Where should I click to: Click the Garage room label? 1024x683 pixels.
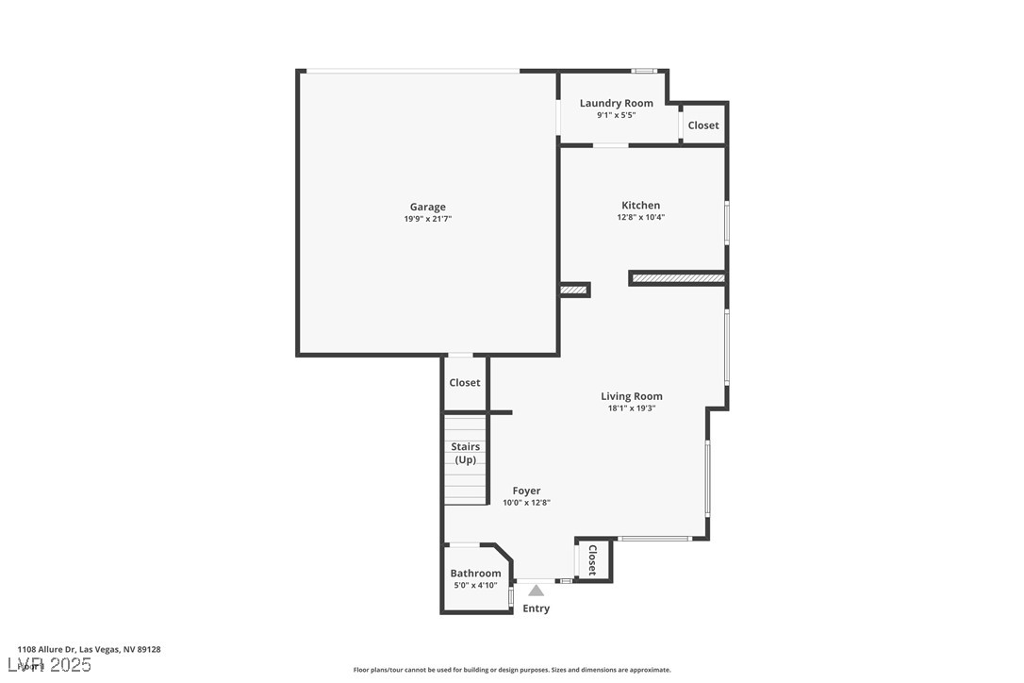(x=427, y=208)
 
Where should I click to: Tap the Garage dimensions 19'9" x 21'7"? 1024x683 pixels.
(x=427, y=219)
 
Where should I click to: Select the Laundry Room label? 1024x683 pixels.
(x=616, y=104)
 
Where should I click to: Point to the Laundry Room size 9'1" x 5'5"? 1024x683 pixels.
(x=616, y=115)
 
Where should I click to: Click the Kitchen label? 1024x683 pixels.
(x=640, y=206)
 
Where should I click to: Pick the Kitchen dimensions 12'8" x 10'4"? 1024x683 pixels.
(x=640, y=217)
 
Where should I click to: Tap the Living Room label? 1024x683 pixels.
(x=631, y=397)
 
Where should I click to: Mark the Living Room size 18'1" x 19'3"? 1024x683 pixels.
(x=631, y=408)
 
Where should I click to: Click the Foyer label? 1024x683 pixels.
(x=526, y=491)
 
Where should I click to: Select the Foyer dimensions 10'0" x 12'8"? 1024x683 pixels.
(x=526, y=503)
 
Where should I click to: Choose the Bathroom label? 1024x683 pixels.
(x=475, y=574)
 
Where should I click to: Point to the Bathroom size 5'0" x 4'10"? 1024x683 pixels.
(x=475, y=585)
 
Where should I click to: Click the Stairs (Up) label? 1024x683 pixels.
(x=466, y=453)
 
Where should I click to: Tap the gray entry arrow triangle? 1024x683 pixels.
(x=536, y=591)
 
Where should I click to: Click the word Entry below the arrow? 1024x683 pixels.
(x=536, y=608)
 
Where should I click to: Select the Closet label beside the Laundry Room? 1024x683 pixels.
(x=702, y=125)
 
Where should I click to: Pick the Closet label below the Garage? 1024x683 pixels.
(x=464, y=383)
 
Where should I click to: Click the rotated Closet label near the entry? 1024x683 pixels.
(x=592, y=559)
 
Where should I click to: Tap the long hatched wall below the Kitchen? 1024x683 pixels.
(x=678, y=278)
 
